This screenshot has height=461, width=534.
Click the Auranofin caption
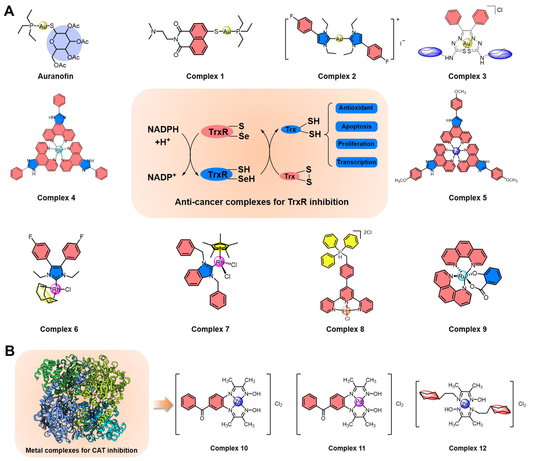[x=55, y=76]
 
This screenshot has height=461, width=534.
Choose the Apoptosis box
[x=356, y=127]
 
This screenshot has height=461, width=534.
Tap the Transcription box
[x=356, y=162]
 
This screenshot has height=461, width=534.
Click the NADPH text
[x=163, y=129]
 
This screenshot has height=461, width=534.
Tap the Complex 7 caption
[x=210, y=329]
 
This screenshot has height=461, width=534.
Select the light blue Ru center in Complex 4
[x=59, y=150]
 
